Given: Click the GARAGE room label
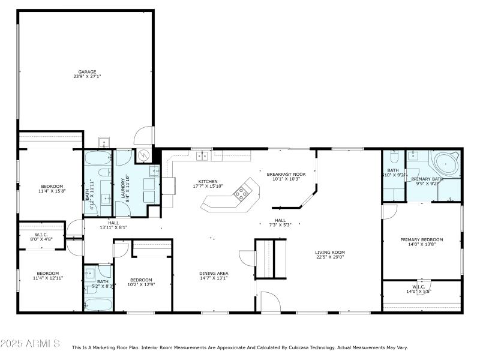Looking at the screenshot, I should click(87, 72).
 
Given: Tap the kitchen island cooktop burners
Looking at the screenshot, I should click(242, 193).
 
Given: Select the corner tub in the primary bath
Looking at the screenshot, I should click(446, 164).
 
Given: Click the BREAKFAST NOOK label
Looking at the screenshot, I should click(286, 174).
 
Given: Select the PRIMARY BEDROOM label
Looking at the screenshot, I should click(421, 239).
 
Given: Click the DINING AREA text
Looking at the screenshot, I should click(214, 274).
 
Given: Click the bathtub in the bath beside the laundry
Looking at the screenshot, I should click(98, 159).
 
